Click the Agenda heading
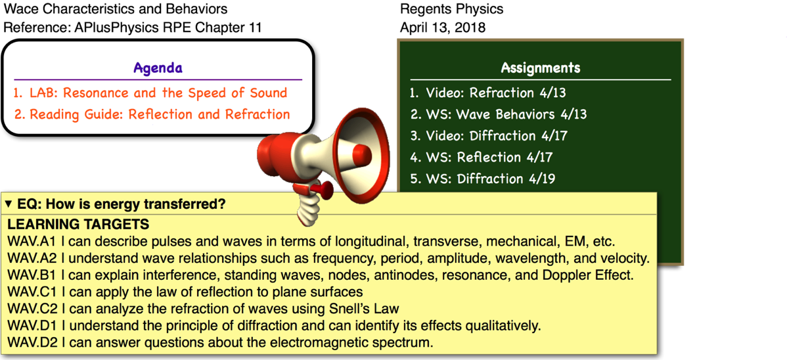(158, 68)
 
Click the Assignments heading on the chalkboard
(540, 68)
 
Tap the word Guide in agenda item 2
(106, 114)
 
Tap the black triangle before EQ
(9, 204)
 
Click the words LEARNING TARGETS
(78, 225)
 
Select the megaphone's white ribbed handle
(306, 210)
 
